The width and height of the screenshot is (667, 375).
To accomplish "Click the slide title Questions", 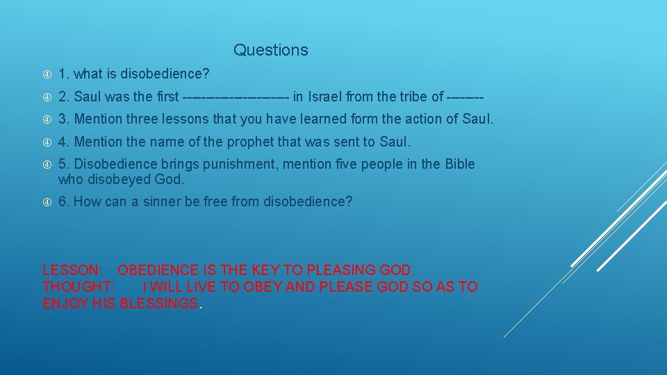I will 270,50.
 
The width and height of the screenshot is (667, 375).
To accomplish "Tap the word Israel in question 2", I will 324,97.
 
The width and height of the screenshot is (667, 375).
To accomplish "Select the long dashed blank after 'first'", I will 236,97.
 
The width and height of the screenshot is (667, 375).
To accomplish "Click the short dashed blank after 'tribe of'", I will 466,97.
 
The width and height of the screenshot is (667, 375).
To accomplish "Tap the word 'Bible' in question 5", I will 458,164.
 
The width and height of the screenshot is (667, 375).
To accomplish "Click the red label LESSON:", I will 73,270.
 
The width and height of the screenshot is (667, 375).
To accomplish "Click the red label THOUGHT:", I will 79,287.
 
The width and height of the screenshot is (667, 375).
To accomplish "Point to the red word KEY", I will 265,270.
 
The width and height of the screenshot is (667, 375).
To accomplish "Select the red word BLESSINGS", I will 158,303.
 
